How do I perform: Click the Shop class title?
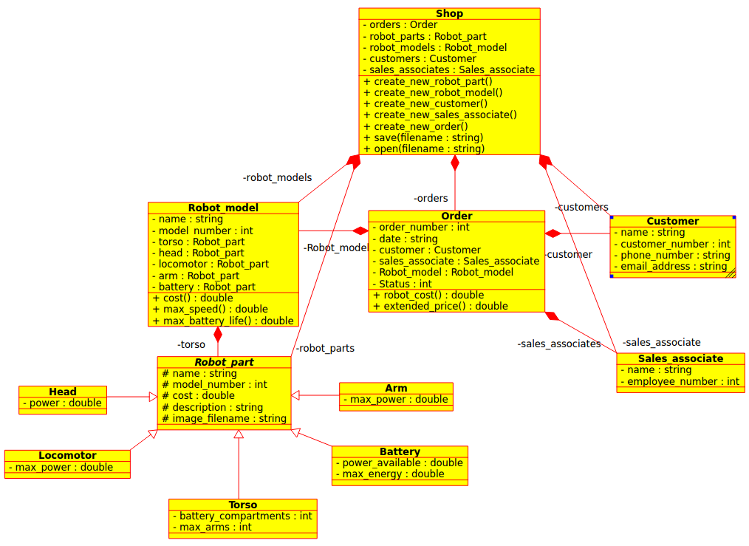(x=449, y=13)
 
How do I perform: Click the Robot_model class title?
(x=223, y=208)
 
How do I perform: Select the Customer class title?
(x=672, y=221)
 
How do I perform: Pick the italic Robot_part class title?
(x=224, y=362)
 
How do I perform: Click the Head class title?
(x=63, y=392)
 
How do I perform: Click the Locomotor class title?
(x=67, y=455)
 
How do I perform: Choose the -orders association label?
(x=431, y=198)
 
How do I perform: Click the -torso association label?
(x=191, y=344)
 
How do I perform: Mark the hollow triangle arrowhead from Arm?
(x=295, y=395)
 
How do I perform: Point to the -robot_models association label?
(x=277, y=177)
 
